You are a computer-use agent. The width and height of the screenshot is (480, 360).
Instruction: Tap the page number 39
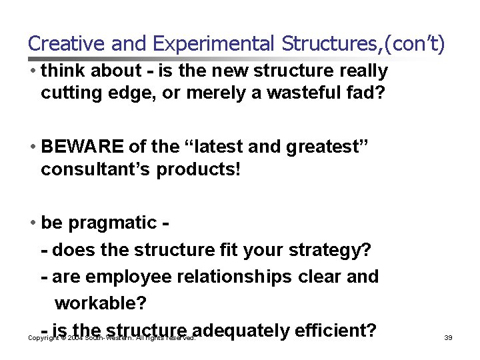448,338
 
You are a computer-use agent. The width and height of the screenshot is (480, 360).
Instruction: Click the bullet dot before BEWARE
33,146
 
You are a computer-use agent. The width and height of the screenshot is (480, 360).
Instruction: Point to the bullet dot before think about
33,71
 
